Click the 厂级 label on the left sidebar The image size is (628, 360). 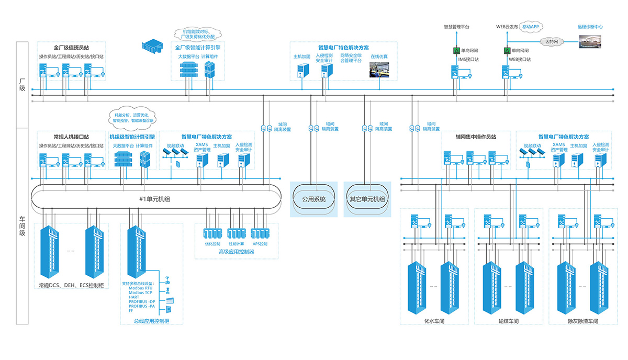(22, 85)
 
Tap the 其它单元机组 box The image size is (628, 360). (367, 199)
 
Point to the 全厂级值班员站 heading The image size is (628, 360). (72, 48)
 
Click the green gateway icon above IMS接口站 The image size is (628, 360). (456, 51)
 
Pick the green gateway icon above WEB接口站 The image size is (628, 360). (507, 51)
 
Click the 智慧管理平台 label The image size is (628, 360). (456, 26)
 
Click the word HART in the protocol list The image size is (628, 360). (134, 297)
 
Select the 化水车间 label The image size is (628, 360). (434, 322)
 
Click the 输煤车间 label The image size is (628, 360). (508, 322)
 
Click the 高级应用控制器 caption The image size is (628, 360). (236, 252)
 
